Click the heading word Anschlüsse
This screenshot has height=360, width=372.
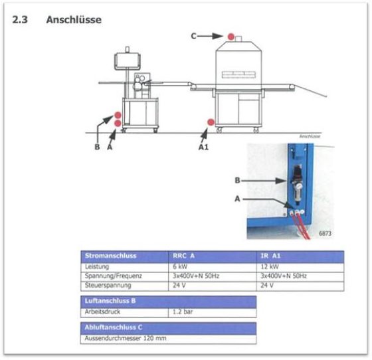(74, 19)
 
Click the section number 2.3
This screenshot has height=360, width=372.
(20, 19)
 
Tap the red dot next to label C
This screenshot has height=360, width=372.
(231, 37)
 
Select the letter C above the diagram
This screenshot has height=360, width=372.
(193, 36)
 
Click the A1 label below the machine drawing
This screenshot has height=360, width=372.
(203, 147)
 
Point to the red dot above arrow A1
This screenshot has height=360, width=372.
(211, 122)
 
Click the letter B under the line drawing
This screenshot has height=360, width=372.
(97, 147)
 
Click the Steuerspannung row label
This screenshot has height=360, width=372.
(108, 285)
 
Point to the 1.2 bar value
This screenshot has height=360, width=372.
(183, 312)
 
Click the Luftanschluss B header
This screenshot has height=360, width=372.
(110, 301)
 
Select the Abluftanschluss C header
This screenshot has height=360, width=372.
(114, 327)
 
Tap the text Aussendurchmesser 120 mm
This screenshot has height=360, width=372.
(126, 338)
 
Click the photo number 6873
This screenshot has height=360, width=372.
(325, 233)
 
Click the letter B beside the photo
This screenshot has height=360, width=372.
(237, 181)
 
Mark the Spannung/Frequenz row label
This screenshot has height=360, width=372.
(113, 276)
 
